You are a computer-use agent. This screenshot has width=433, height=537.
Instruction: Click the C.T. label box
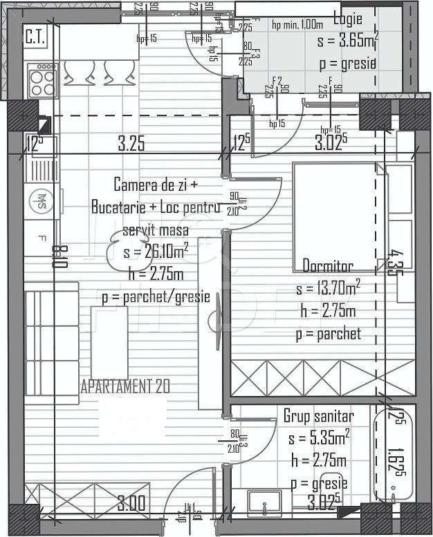point(35,37)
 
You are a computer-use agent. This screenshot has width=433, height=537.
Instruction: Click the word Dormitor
point(328,266)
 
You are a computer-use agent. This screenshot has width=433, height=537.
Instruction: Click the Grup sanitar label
point(318,416)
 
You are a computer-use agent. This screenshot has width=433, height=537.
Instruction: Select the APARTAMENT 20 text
point(125,386)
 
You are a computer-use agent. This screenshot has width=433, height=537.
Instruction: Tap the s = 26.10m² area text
point(156,252)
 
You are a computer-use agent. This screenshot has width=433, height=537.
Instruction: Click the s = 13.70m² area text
point(328,288)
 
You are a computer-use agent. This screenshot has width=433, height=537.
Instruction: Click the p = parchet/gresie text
point(156,296)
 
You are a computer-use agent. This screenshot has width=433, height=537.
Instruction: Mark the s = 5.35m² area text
point(319,438)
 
